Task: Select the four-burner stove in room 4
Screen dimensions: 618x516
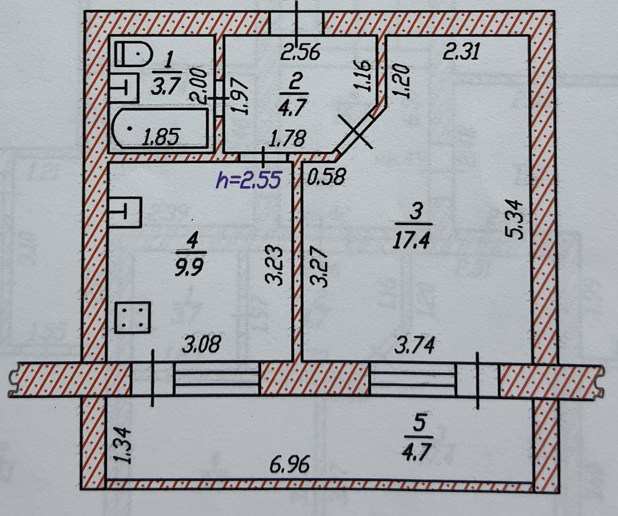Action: pos(133,317)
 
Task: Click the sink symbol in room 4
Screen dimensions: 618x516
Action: pos(125,212)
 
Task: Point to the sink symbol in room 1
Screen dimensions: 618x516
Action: pos(124,88)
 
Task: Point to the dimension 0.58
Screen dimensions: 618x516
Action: pos(326,177)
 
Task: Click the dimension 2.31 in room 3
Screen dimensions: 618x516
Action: pos(461,52)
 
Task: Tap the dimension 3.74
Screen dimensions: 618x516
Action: pos(415,345)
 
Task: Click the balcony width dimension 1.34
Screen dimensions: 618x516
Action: pos(123,445)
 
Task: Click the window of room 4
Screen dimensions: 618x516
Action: pos(217,379)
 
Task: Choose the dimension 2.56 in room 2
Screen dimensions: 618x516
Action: pos(300,52)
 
